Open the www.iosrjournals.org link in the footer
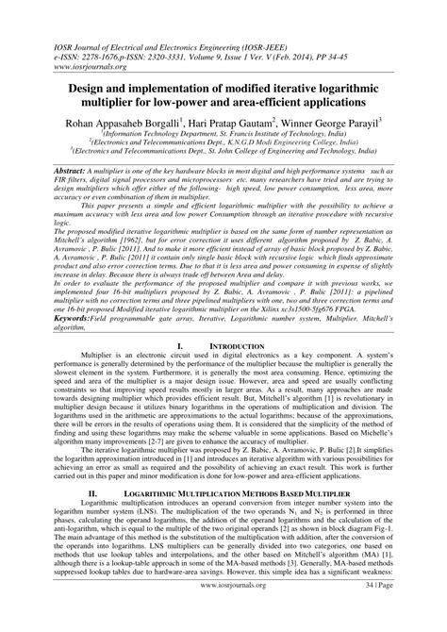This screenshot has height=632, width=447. pos(223,610)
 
